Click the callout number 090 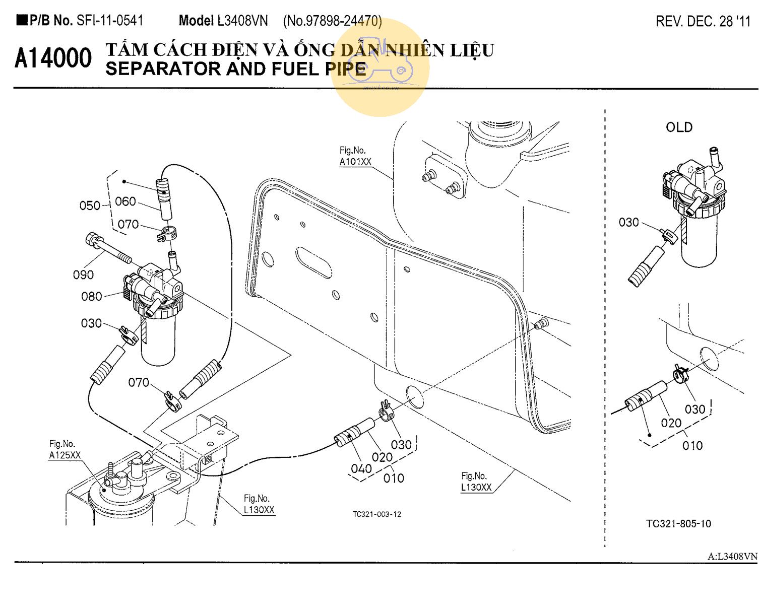click(83, 275)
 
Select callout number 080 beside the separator click(91, 297)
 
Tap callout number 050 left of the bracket click(90, 206)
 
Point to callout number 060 click(125, 201)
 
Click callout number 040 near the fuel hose click(361, 469)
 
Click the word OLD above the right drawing click(679, 127)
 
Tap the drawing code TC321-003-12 click(377, 514)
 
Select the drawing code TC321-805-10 click(678, 524)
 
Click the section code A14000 click(53, 58)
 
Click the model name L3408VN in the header click(242, 21)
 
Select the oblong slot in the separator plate click(313, 262)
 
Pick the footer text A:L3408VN click(732, 557)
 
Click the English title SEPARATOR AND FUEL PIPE click(236, 69)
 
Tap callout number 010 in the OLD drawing click(692, 446)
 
